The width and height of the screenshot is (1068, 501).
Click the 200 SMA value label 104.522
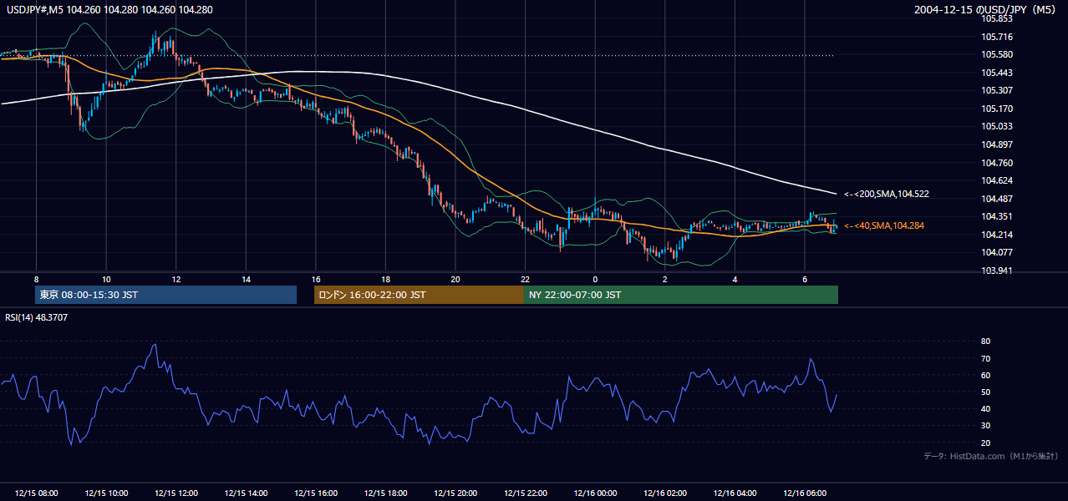(887, 194)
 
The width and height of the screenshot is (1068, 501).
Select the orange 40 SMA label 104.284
(884, 225)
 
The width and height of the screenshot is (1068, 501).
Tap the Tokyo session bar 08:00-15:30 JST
(166, 295)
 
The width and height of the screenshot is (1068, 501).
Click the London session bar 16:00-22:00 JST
(420, 295)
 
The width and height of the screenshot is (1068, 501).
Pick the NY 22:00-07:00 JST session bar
(681, 295)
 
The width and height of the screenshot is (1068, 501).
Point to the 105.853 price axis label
(997, 19)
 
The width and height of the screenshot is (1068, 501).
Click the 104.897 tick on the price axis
(997, 144)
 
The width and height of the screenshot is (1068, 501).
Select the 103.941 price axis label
(997, 271)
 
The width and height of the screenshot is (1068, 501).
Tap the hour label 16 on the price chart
(316, 280)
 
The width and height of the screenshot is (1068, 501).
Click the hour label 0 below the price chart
(595, 280)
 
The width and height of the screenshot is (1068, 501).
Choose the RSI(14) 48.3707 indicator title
(36, 317)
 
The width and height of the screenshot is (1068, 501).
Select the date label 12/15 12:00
(176, 493)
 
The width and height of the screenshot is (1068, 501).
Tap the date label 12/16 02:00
(665, 493)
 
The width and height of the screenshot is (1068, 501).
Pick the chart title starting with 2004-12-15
(985, 9)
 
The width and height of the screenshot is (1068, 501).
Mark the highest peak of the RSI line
(155, 344)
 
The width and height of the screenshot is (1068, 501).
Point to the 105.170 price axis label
(997, 109)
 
